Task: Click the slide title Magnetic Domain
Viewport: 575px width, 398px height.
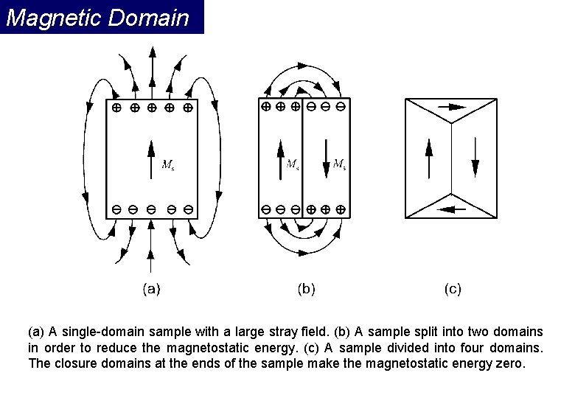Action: click(x=97, y=17)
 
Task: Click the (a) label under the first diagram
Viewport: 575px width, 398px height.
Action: click(x=151, y=289)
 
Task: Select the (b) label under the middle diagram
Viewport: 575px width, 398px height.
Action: click(x=306, y=289)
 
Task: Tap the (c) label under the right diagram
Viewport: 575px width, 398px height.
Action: click(x=453, y=289)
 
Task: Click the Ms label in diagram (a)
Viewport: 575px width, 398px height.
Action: click(x=168, y=164)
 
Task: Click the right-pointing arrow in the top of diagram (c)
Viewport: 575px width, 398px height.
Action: click(x=453, y=107)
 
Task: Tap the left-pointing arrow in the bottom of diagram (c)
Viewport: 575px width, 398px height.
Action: click(x=451, y=209)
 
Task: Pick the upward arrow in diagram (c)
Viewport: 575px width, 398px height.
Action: click(x=428, y=158)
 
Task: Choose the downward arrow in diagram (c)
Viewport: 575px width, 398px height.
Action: click(x=475, y=158)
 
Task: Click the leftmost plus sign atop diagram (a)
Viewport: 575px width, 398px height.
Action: click(x=116, y=108)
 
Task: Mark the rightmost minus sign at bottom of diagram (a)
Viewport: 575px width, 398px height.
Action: click(x=189, y=209)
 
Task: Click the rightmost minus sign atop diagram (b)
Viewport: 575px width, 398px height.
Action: click(x=340, y=106)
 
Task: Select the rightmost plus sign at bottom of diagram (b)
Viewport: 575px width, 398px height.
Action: click(x=340, y=209)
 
